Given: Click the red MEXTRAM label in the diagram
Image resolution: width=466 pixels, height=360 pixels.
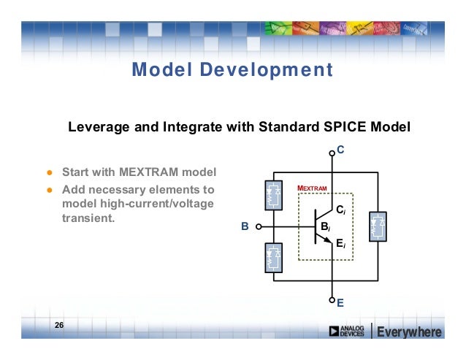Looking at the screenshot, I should click(x=312, y=188).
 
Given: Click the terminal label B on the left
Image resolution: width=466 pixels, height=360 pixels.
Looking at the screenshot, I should click(x=245, y=227).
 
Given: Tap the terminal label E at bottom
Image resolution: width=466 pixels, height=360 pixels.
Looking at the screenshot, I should click(x=340, y=300).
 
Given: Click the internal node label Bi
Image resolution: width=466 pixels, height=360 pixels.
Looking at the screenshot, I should click(x=325, y=227).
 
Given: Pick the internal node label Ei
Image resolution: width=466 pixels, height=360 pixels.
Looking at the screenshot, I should click(x=340, y=245).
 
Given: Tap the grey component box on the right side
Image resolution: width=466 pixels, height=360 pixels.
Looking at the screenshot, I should click(x=378, y=226).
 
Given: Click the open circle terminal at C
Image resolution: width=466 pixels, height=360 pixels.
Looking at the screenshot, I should click(x=332, y=153).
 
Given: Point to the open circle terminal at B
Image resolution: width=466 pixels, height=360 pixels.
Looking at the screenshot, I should click(x=259, y=227).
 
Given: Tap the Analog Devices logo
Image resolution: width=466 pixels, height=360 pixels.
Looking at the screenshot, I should click(x=347, y=332).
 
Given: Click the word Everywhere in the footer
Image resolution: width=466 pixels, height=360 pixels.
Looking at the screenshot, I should click(x=409, y=333).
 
